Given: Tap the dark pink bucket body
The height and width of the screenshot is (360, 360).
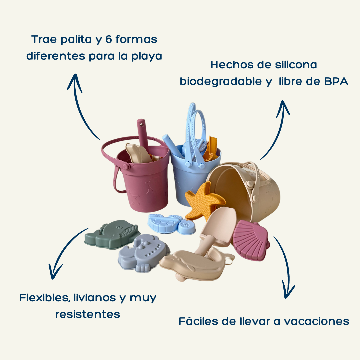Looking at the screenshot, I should (145, 187).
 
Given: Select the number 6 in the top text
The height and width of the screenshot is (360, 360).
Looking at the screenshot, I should (109, 39).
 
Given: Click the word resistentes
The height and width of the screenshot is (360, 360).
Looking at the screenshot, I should (88, 314).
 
